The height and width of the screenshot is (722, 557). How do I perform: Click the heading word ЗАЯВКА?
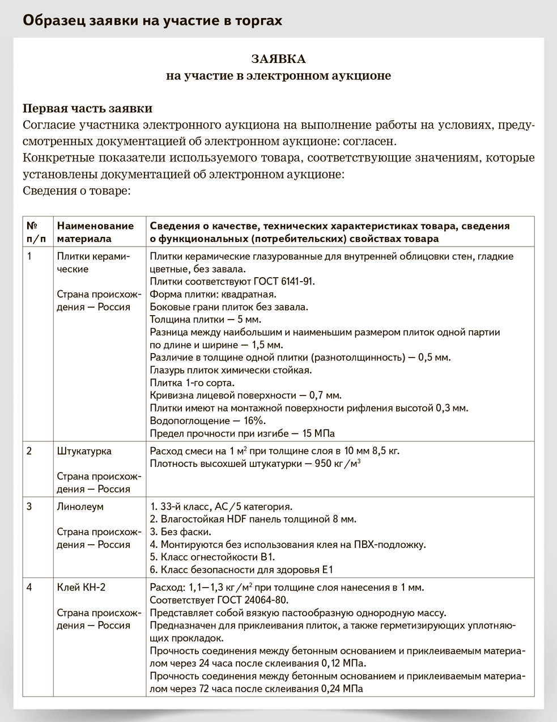(278, 59)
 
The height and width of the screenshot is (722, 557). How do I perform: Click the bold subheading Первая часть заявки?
(87, 108)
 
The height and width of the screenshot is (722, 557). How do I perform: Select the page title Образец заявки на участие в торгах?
(152, 20)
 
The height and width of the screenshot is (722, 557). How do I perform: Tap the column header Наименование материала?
(95, 232)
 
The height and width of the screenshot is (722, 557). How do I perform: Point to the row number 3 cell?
(29, 507)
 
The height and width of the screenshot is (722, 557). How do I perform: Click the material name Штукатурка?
(84, 451)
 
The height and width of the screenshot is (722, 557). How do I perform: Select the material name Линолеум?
(80, 507)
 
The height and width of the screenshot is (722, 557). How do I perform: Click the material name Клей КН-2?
(81, 588)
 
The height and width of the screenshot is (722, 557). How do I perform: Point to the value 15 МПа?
(318, 434)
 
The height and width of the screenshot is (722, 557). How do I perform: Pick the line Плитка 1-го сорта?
(192, 383)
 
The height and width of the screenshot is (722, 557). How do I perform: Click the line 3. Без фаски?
(180, 532)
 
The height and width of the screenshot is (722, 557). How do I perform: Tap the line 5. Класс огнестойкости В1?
(212, 557)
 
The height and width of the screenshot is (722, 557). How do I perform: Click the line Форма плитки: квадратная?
(213, 294)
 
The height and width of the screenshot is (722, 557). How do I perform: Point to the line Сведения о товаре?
(76, 190)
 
